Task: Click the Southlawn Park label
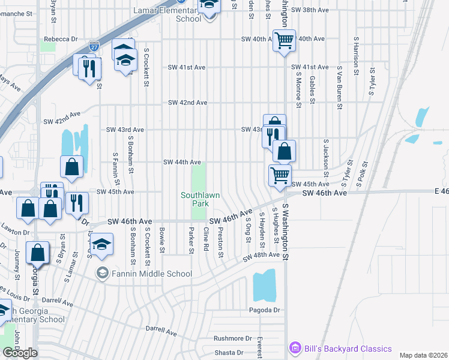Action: [x=196, y=199]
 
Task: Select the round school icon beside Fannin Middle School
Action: [x=102, y=274]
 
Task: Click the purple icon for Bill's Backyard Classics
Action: [x=294, y=348]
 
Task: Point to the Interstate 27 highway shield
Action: [x=94, y=46]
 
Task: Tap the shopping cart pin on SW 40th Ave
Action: [x=285, y=41]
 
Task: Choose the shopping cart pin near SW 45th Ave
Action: [x=280, y=175]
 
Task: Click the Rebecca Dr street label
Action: [x=61, y=39]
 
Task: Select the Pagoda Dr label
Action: [x=265, y=310]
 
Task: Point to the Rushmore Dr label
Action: [x=232, y=338]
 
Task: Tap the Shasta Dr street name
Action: [x=228, y=353]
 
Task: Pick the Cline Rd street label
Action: [x=206, y=239]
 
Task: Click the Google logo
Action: [x=20, y=353]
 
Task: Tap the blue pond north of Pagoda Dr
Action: [x=264, y=285]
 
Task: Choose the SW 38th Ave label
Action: [x=316, y=10]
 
